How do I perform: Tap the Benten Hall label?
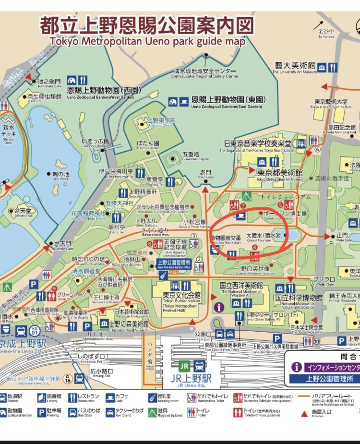point(23,213)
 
